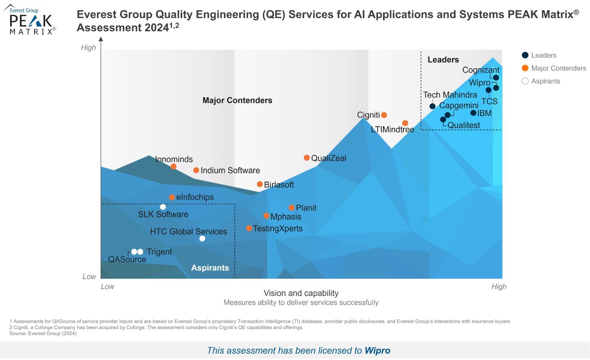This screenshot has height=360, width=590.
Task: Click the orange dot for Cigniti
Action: click(384, 115)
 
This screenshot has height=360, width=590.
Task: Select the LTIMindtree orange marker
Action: click(405, 123)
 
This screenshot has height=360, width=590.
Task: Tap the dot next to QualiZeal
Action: click(307, 158)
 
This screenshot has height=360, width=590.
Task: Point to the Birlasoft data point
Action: click(260, 184)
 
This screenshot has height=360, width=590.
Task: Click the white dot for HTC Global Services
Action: click(202, 238)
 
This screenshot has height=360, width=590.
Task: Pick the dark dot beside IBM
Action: click(473, 113)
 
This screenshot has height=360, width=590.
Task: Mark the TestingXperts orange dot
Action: click(249, 228)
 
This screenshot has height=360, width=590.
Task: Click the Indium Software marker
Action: click(196, 170)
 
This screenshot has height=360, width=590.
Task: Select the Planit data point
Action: click(291, 208)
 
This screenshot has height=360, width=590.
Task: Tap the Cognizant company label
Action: click(481, 70)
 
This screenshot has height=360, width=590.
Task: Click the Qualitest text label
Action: click(463, 125)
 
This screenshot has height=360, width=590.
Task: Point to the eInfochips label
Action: click(195, 197)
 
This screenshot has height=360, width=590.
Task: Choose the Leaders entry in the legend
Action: click(543, 55)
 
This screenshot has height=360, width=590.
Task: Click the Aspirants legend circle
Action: click(525, 81)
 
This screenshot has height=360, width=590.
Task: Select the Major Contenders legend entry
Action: click(558, 68)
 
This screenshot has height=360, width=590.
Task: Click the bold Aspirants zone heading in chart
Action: click(210, 268)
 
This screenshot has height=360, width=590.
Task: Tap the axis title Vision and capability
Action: click(301, 293)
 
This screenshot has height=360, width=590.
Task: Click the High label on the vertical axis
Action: click(88, 47)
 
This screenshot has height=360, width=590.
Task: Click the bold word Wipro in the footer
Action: click(377, 351)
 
